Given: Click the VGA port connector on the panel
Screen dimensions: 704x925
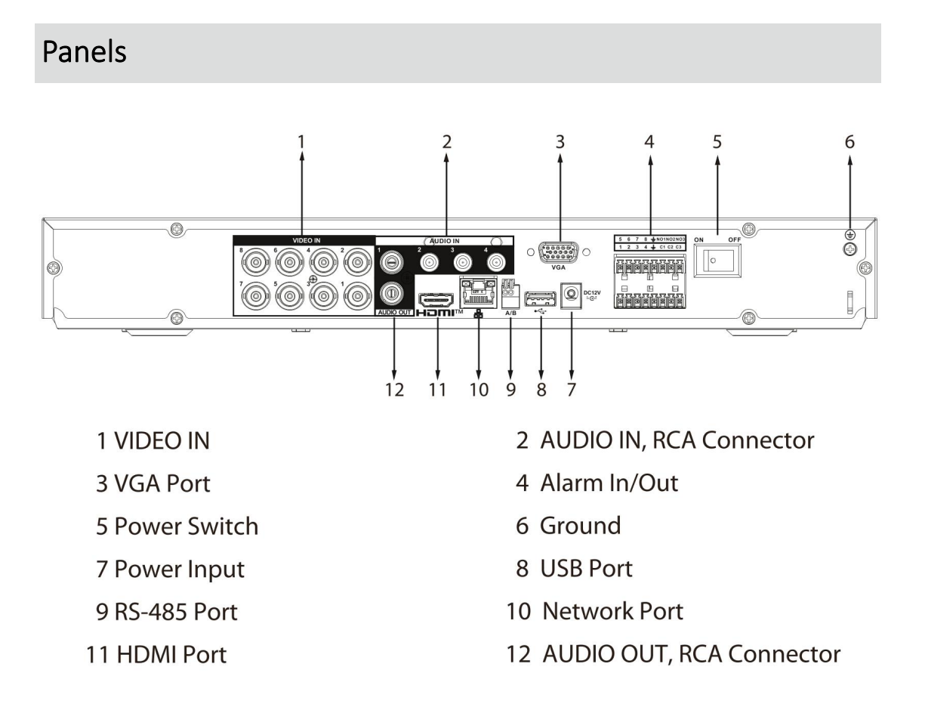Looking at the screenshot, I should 560,250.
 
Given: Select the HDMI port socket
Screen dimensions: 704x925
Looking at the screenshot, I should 436,290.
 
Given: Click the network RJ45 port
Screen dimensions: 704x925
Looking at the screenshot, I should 477,291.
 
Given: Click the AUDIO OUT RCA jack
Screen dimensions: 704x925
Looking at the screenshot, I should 392,291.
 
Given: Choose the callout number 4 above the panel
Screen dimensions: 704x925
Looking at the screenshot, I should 649,140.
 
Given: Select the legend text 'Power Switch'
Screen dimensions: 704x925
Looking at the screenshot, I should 186,526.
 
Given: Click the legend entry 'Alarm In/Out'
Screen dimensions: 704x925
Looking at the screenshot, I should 609,482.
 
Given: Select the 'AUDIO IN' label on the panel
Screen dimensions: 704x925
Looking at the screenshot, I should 445,240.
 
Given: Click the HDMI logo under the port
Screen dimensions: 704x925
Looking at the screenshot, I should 438,313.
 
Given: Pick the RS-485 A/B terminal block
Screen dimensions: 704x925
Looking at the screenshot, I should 510,295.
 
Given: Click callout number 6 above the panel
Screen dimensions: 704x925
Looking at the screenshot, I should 850,140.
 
